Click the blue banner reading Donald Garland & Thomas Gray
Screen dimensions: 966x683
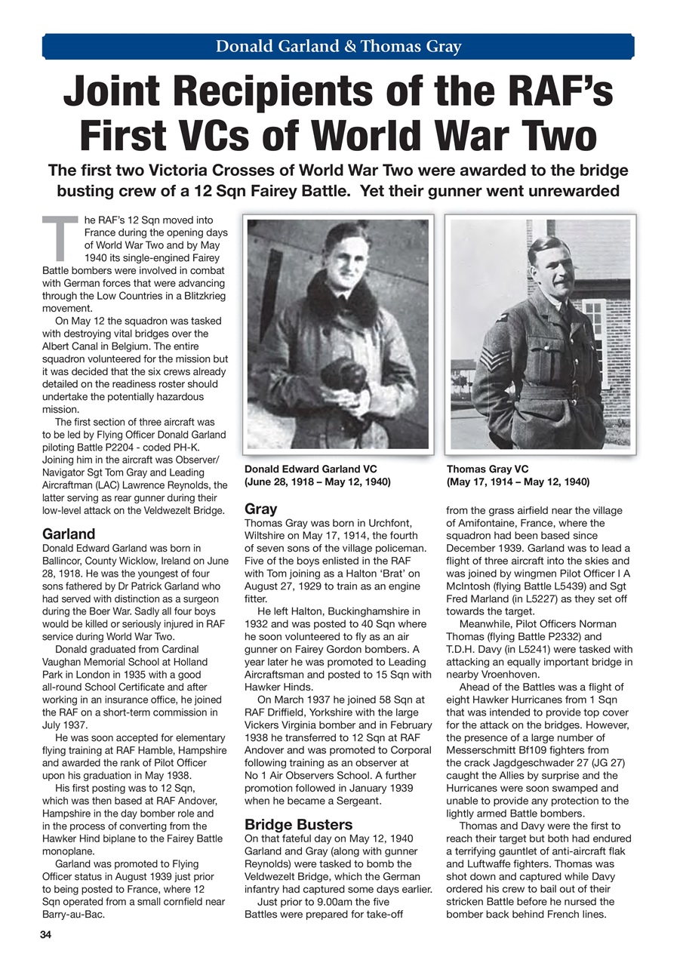[338, 46]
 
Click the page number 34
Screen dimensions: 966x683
[47, 934]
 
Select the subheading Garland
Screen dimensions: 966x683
[68, 534]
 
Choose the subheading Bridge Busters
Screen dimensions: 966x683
[299, 824]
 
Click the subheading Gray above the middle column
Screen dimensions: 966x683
[261, 509]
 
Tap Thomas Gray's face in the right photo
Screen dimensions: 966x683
[550, 269]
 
